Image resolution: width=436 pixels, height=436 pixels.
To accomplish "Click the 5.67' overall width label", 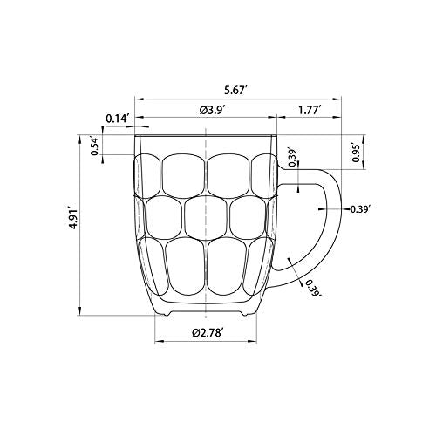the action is [235, 91].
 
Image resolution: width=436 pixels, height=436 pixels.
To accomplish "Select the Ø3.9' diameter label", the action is [213, 110].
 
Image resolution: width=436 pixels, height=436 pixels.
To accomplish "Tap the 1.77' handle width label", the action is [310, 110].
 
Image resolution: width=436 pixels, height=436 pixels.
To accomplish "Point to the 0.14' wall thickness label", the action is [117, 119].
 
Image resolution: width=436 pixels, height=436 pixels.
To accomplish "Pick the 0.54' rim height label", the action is [95, 146].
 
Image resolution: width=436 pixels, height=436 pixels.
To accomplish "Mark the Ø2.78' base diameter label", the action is [208, 332].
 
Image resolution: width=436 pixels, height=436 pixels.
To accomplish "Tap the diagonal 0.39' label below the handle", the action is [311, 288].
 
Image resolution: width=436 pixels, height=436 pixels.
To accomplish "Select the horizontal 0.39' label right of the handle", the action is [360, 209].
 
